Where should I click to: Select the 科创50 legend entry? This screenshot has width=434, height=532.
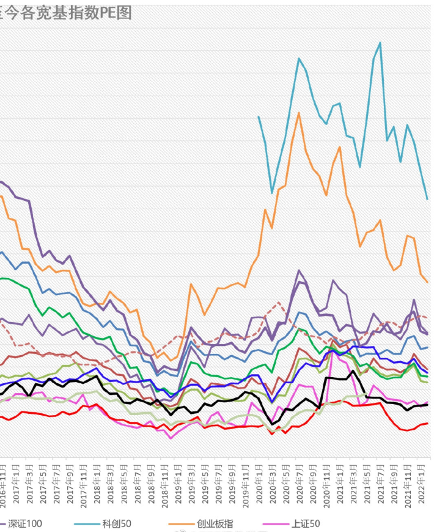[x=117, y=523]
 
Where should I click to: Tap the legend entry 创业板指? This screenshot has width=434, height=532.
[x=215, y=523]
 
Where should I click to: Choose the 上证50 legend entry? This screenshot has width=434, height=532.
[x=305, y=523]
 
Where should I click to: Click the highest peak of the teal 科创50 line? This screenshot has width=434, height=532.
[x=380, y=43]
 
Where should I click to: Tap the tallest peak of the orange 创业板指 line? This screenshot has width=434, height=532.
[x=299, y=113]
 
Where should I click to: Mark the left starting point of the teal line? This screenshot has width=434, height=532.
[x=259, y=116]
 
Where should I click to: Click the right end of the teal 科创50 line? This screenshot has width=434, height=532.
[x=427, y=199]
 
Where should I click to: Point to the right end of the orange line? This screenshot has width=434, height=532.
[x=427, y=282]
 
